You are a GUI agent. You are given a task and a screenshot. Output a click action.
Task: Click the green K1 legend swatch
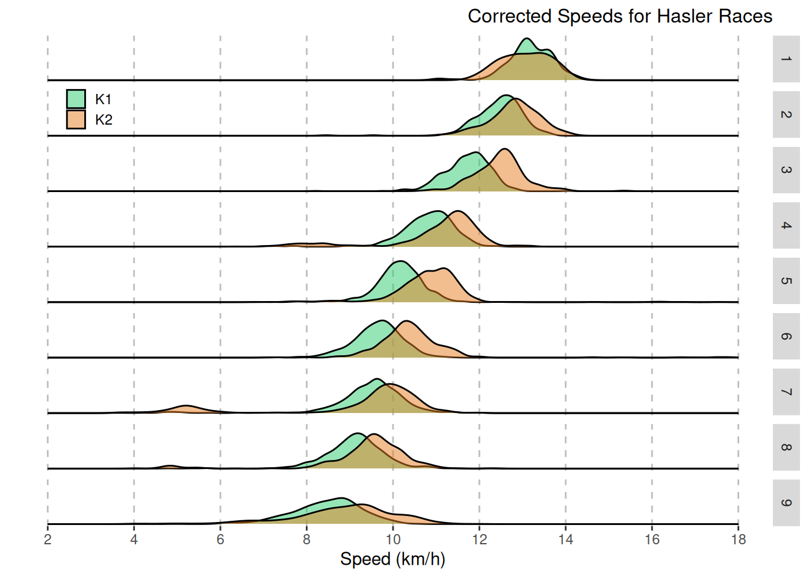(76, 99)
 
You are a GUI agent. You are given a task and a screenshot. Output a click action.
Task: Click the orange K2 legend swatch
(76, 119)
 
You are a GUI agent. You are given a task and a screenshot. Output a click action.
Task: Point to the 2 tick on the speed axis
(48, 539)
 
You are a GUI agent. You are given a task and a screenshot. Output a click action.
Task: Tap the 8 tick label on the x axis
(306, 539)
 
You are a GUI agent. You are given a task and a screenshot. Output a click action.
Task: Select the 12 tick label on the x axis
(479, 539)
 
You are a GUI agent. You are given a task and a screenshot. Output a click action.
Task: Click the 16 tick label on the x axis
(652, 539)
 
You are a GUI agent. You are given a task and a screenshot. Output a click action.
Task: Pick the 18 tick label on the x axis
(738, 539)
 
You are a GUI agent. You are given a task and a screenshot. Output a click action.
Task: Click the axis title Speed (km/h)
(392, 559)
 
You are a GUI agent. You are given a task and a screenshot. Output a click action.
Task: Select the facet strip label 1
(786, 59)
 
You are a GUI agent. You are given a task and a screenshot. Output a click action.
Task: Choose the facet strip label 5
(786, 281)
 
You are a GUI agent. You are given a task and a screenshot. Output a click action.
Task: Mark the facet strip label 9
(786, 503)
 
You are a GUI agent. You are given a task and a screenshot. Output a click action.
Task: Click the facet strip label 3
(786, 170)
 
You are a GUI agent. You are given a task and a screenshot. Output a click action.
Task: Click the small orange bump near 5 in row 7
(186, 409)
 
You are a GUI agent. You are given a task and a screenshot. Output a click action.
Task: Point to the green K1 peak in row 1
(527, 41)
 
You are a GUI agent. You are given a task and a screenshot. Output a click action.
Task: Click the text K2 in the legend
(104, 120)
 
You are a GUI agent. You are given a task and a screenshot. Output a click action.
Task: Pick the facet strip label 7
(786, 392)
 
